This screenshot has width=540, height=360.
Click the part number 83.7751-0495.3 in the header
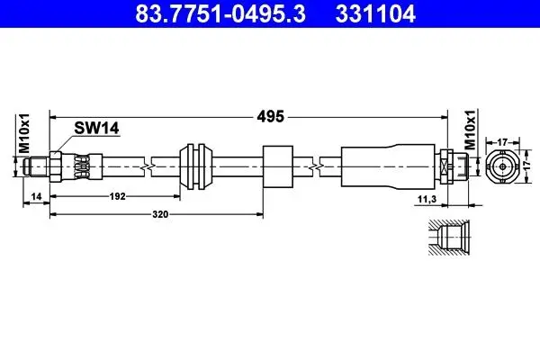click(220, 13)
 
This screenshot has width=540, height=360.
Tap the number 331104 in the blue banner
click(375, 13)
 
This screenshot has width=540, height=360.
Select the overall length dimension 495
click(271, 116)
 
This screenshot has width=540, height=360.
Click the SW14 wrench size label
click(97, 128)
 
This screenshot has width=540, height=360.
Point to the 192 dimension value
click(117, 196)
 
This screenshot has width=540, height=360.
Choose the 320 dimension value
click(160, 214)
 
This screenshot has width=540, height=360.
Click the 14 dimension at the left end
click(36, 196)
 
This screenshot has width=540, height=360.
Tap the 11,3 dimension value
click(427, 199)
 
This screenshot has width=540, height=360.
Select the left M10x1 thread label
click(24, 133)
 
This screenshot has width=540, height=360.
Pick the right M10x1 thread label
click(470, 130)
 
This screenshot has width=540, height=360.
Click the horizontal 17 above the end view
click(503, 141)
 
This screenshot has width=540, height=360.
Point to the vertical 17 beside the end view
click(526, 166)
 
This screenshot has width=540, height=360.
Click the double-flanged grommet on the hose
click(195, 166)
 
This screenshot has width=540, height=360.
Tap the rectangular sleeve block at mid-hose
click(278, 166)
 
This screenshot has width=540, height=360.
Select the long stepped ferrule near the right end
click(388, 166)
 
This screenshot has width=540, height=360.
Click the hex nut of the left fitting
click(56, 166)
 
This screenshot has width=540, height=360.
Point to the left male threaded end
click(36, 166)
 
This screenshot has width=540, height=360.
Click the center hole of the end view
click(503, 166)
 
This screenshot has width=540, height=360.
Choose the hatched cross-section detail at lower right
click(449, 238)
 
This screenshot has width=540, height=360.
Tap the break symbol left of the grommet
click(148, 167)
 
